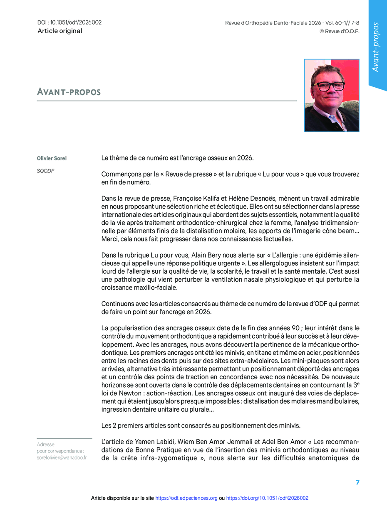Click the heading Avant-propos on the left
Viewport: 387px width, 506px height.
point(69,92)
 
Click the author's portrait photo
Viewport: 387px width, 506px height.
point(331,96)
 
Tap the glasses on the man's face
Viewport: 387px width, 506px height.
point(328,86)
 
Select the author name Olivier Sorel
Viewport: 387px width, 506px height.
point(52,158)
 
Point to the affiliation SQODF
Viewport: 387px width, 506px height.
point(46,171)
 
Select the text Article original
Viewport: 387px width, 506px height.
point(60,31)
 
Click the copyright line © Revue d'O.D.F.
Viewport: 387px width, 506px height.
point(339,31)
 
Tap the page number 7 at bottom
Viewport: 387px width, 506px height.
point(357,482)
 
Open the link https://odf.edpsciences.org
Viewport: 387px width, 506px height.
point(186,498)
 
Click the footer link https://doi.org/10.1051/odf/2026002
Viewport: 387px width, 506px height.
point(267,498)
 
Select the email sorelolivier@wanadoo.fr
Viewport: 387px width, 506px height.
point(62,458)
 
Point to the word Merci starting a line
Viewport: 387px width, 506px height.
point(109,239)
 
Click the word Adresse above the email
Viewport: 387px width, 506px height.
point(46,445)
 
